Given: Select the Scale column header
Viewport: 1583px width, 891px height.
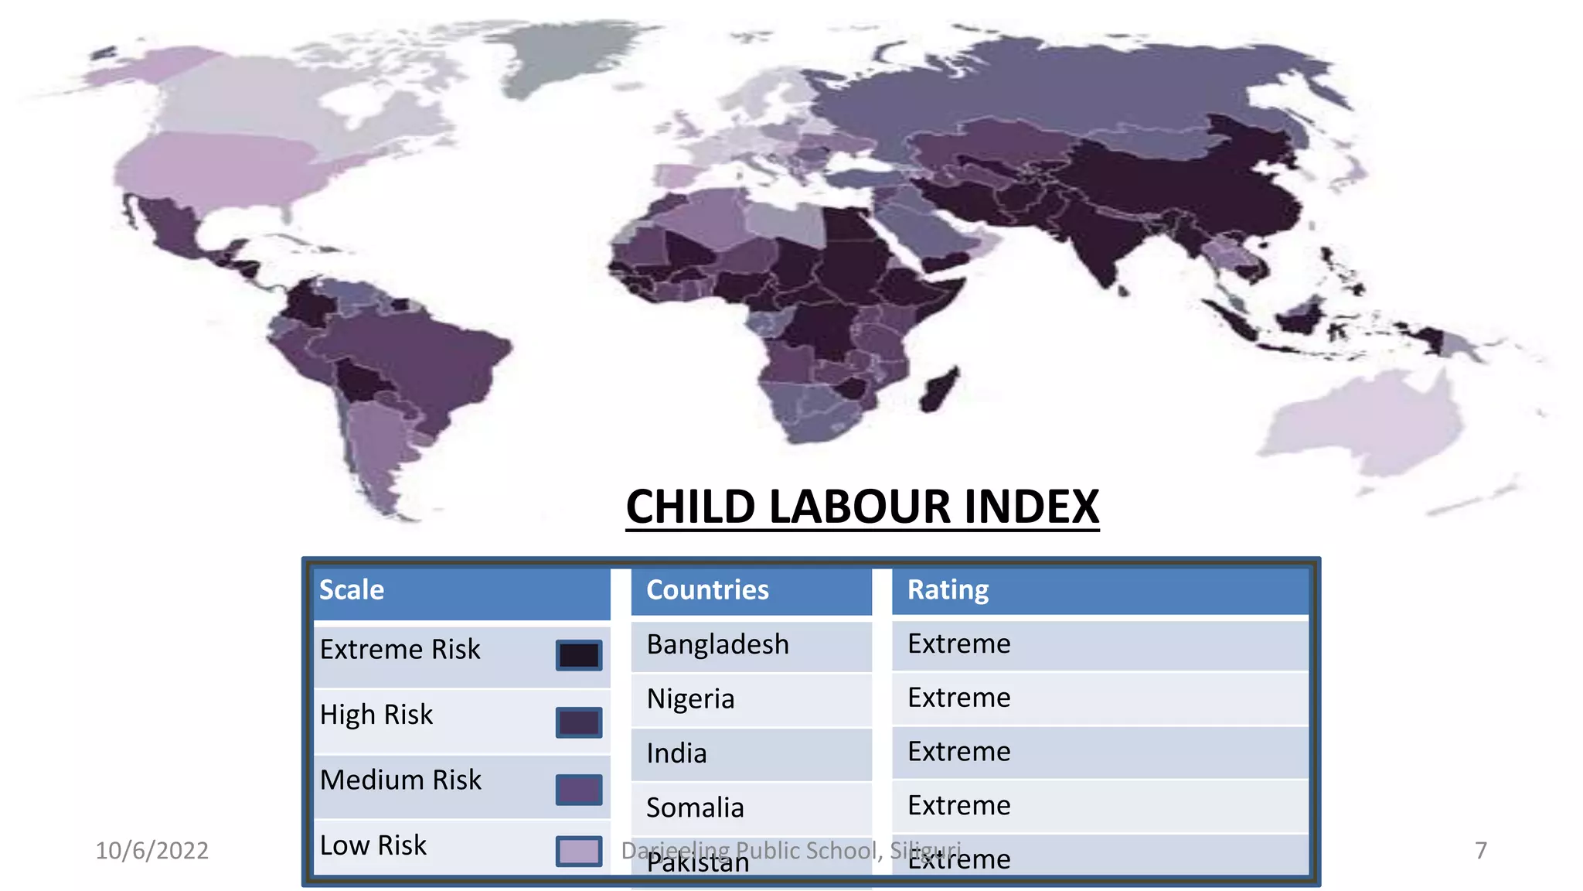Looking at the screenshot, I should coord(352,590).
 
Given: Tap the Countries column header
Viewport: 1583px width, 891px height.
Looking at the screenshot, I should coord(707,590).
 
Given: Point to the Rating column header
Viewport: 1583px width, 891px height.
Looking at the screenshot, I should coord(948,590).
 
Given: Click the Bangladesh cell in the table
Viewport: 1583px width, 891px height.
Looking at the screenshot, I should coord(717,644).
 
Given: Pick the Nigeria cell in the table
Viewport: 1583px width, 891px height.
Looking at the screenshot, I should coord(690,698).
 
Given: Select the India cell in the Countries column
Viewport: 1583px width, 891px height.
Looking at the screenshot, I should coord(676,753).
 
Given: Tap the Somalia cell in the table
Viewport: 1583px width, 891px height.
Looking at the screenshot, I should coord(695,807).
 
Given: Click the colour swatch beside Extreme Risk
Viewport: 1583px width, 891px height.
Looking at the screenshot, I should coord(579,655).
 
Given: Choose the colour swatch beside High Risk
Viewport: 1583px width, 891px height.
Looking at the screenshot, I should coord(579,722).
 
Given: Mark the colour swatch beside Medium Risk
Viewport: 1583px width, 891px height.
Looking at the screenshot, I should coord(579,790).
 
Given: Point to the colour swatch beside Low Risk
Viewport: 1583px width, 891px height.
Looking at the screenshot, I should coord(579,851).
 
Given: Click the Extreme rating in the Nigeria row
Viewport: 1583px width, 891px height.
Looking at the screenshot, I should coord(958,698).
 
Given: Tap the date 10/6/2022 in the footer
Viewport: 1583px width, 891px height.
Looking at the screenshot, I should coord(151,851).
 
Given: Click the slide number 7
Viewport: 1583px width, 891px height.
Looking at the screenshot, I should coord(1480,851).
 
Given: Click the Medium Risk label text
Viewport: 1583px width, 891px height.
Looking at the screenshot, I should coord(400,780).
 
